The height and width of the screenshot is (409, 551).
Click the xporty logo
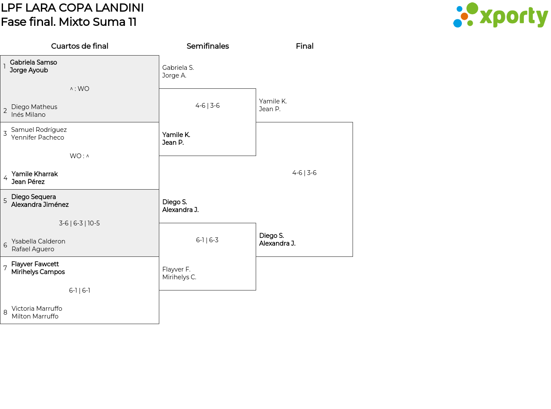coord(500,16)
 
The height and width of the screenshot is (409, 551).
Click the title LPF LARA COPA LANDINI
coord(72,8)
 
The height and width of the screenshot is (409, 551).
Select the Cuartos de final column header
coord(80,46)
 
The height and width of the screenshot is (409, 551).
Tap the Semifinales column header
coord(207,46)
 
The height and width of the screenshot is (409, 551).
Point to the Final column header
coord(304,46)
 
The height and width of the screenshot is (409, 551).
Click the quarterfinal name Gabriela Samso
coord(33,62)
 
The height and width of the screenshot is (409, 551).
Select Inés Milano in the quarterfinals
coord(28,115)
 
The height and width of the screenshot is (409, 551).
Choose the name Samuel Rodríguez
coord(39,130)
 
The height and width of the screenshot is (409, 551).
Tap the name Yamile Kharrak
coord(34,174)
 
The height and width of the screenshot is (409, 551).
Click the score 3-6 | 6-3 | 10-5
coord(79,223)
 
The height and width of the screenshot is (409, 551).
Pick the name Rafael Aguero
coord(33,249)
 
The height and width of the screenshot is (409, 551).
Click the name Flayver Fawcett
coord(35,264)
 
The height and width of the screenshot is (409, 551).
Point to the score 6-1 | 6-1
coord(80,290)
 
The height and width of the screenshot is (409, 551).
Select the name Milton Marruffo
coord(35,316)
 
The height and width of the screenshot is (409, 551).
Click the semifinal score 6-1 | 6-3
coord(207,240)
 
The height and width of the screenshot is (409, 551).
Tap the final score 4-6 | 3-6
coord(304,173)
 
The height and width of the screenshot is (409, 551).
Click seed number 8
coord(5,312)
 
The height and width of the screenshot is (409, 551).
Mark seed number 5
coord(5,201)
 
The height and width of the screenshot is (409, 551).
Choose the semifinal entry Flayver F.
coord(176,269)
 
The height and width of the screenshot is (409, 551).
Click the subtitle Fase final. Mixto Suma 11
coord(69,22)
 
